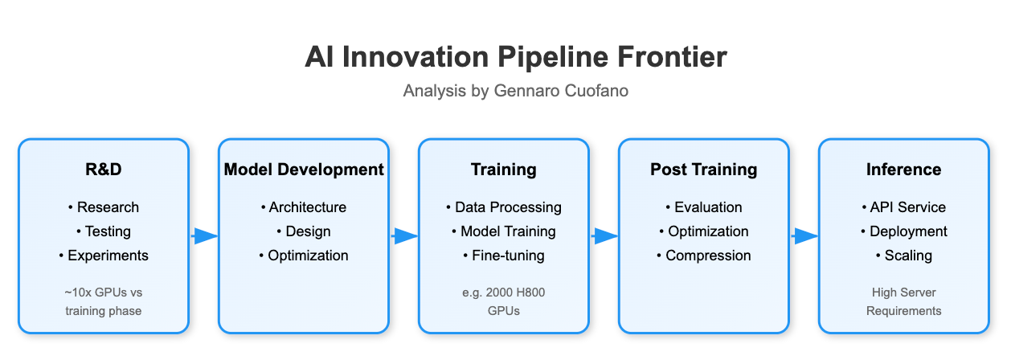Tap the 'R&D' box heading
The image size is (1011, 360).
[x=103, y=170]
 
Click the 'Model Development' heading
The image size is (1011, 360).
[x=303, y=170]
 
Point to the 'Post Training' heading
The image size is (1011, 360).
[x=703, y=170]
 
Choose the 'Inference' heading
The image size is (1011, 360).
[x=903, y=170]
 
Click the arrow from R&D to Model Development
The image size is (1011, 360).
[x=204, y=235]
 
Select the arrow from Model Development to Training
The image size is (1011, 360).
[x=404, y=235]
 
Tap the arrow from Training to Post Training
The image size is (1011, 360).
[x=604, y=235]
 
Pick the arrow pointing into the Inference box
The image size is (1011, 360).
[x=804, y=235]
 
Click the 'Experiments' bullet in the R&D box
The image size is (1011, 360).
[x=103, y=256]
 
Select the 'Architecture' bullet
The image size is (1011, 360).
[x=303, y=207]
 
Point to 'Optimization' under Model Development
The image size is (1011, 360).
[x=303, y=256]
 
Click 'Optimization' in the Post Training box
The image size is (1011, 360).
[x=703, y=231]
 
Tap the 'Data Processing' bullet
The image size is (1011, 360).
[x=503, y=207]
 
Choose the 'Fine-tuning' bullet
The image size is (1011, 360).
[x=503, y=256]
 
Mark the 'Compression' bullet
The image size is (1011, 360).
[x=703, y=256]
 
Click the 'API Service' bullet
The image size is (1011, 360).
[x=903, y=207]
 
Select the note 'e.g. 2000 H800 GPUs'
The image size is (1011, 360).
[x=503, y=301]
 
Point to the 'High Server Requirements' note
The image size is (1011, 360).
[x=903, y=301]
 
